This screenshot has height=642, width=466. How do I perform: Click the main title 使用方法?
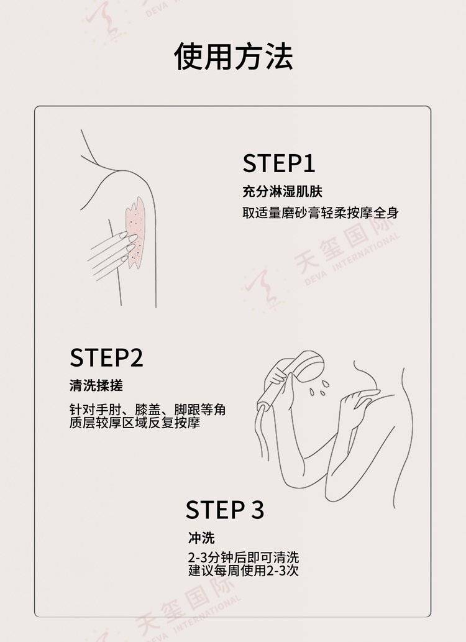(x=234, y=56)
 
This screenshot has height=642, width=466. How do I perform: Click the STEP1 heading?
(x=279, y=163)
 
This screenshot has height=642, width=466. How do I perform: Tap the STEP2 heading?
(x=106, y=357)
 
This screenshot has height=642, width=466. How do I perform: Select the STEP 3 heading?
(x=225, y=510)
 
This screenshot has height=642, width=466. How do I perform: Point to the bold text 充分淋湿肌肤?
(x=282, y=191)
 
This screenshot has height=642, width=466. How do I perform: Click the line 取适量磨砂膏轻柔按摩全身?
(x=320, y=213)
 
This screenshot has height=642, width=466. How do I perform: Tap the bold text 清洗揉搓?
(x=96, y=385)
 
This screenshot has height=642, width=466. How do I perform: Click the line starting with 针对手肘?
(x=147, y=410)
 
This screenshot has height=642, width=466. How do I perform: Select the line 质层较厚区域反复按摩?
(x=135, y=423)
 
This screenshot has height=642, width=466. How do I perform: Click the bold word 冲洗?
(x=201, y=538)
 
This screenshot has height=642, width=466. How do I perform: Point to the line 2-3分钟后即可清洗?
(x=244, y=557)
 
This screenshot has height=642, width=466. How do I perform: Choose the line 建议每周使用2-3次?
(x=244, y=571)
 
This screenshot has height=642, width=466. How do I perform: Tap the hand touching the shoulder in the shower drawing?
(x=356, y=405)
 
